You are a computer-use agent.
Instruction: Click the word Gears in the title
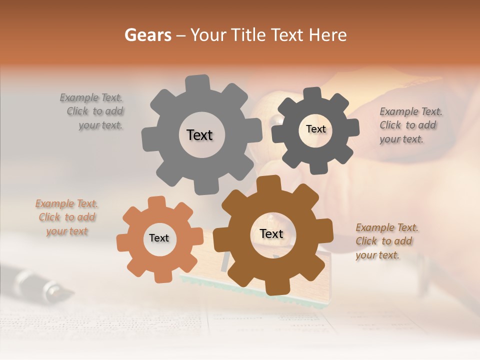point(148,35)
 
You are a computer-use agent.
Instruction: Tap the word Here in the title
point(327,35)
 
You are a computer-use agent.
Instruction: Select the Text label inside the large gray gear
point(199,135)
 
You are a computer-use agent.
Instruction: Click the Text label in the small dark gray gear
point(315,129)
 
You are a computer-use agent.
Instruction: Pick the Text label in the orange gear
point(159,238)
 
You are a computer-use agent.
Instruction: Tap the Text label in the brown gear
point(271,234)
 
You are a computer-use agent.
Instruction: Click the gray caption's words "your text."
point(100,125)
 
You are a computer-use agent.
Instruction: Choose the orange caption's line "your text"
point(67,231)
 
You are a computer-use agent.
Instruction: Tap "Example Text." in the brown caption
point(387,228)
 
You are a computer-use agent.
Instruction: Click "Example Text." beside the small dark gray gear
point(411,111)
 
